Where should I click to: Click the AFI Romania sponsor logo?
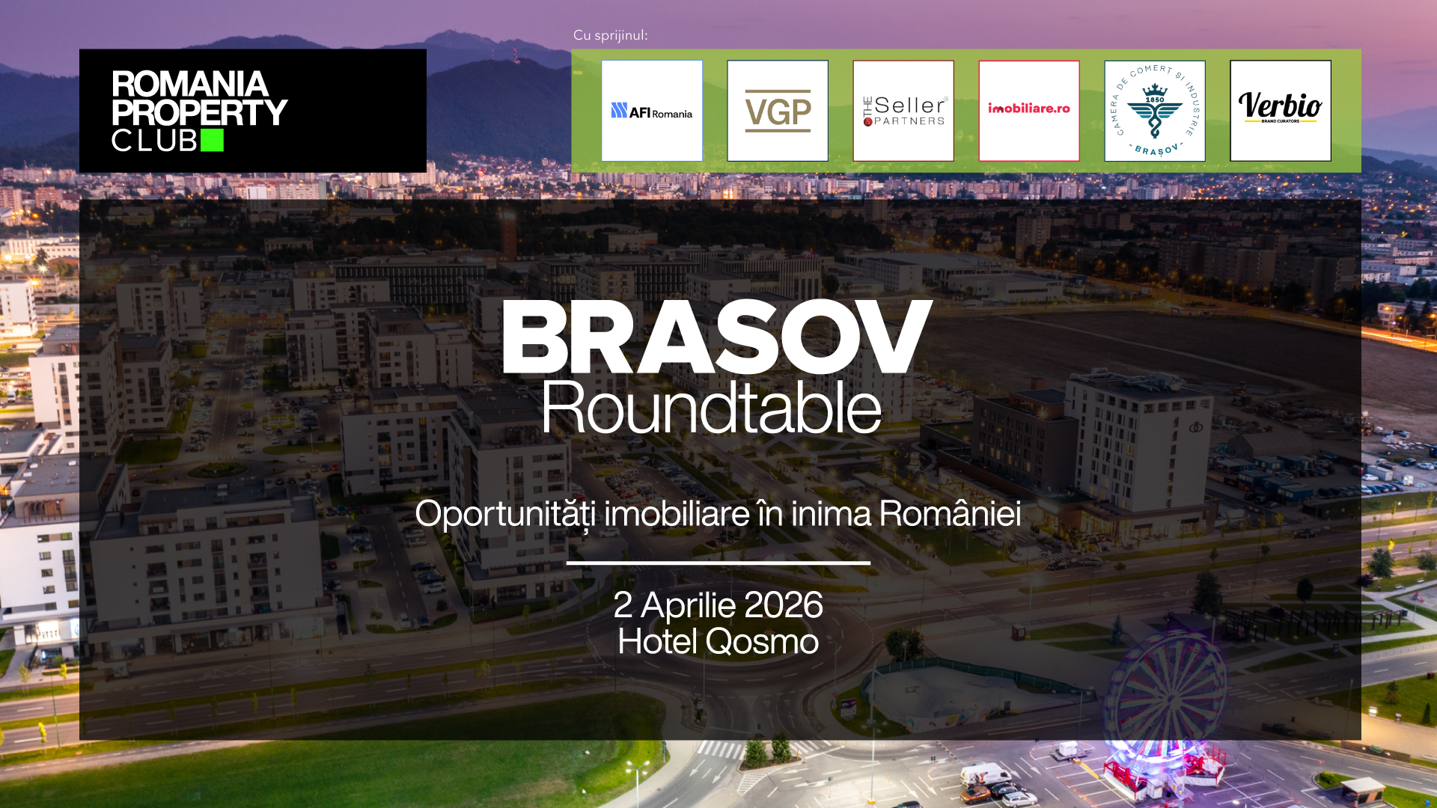tap(652, 111)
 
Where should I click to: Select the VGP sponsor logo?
tap(778, 111)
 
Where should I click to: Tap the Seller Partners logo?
tap(903, 111)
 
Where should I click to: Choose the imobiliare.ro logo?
tap(1029, 111)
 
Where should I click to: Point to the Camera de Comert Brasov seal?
tap(1155, 111)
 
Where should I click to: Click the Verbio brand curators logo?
tap(1281, 111)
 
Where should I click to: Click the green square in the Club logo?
tap(212, 140)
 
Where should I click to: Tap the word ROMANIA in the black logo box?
tap(190, 84)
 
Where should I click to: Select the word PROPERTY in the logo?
tap(199, 112)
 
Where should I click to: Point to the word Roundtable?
tap(712, 407)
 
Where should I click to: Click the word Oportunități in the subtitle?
tap(507, 514)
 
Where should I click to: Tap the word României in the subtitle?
tap(950, 513)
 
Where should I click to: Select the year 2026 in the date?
tap(784, 605)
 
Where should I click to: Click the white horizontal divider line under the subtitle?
tap(718, 563)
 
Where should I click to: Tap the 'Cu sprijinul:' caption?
tap(611, 35)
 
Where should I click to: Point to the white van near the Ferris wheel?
tap(986, 774)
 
